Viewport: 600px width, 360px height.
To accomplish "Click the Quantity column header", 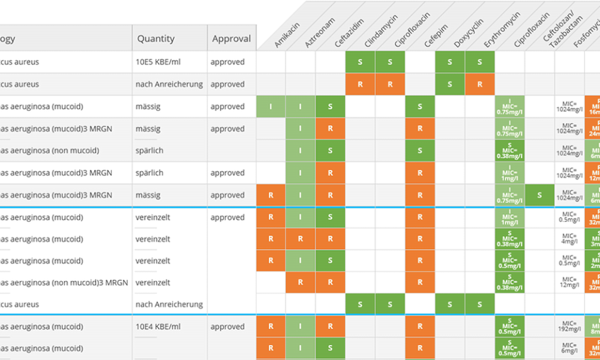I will point(155,38).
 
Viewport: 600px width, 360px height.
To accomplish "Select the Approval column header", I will point(231,38).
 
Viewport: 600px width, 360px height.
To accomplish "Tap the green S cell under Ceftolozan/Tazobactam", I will point(539,195).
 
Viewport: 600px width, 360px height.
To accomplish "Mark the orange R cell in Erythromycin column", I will point(480,85).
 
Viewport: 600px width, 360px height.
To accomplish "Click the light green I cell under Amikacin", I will point(271,107).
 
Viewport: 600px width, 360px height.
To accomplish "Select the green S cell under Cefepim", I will point(420,107).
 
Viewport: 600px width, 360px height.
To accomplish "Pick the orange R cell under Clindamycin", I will point(360,85).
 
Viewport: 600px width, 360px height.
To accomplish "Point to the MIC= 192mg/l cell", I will point(569,327).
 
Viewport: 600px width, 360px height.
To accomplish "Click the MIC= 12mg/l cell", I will point(569,283).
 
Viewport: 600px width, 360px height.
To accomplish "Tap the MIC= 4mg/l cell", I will point(569,239).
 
